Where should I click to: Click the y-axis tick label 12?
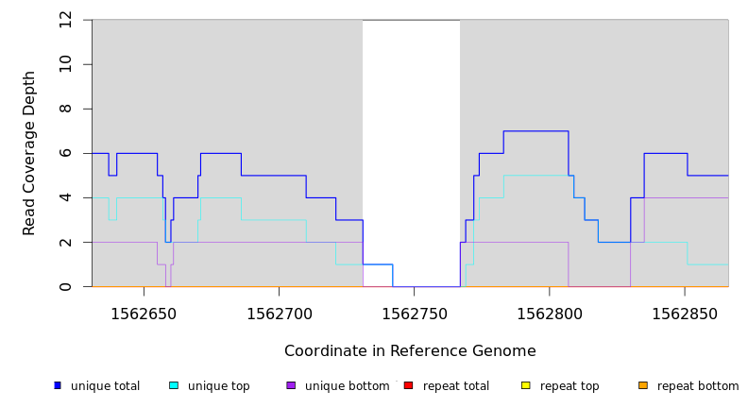tap(66, 20)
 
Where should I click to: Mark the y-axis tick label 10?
tap(66, 64)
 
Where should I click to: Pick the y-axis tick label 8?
tap(66, 109)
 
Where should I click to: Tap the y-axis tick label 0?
tap(66, 286)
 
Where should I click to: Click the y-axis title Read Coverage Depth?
tap(29, 153)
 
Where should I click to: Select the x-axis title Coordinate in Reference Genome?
tap(410, 351)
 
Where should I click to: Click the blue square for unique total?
tap(58, 385)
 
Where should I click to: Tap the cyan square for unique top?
tap(174, 385)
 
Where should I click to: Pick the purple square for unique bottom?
tap(291, 385)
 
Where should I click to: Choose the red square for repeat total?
tap(408, 385)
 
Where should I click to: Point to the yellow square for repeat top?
tap(525, 385)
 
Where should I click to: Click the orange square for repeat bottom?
tap(643, 385)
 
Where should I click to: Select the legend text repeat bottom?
tap(698, 386)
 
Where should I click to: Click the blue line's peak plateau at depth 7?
tap(535, 131)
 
